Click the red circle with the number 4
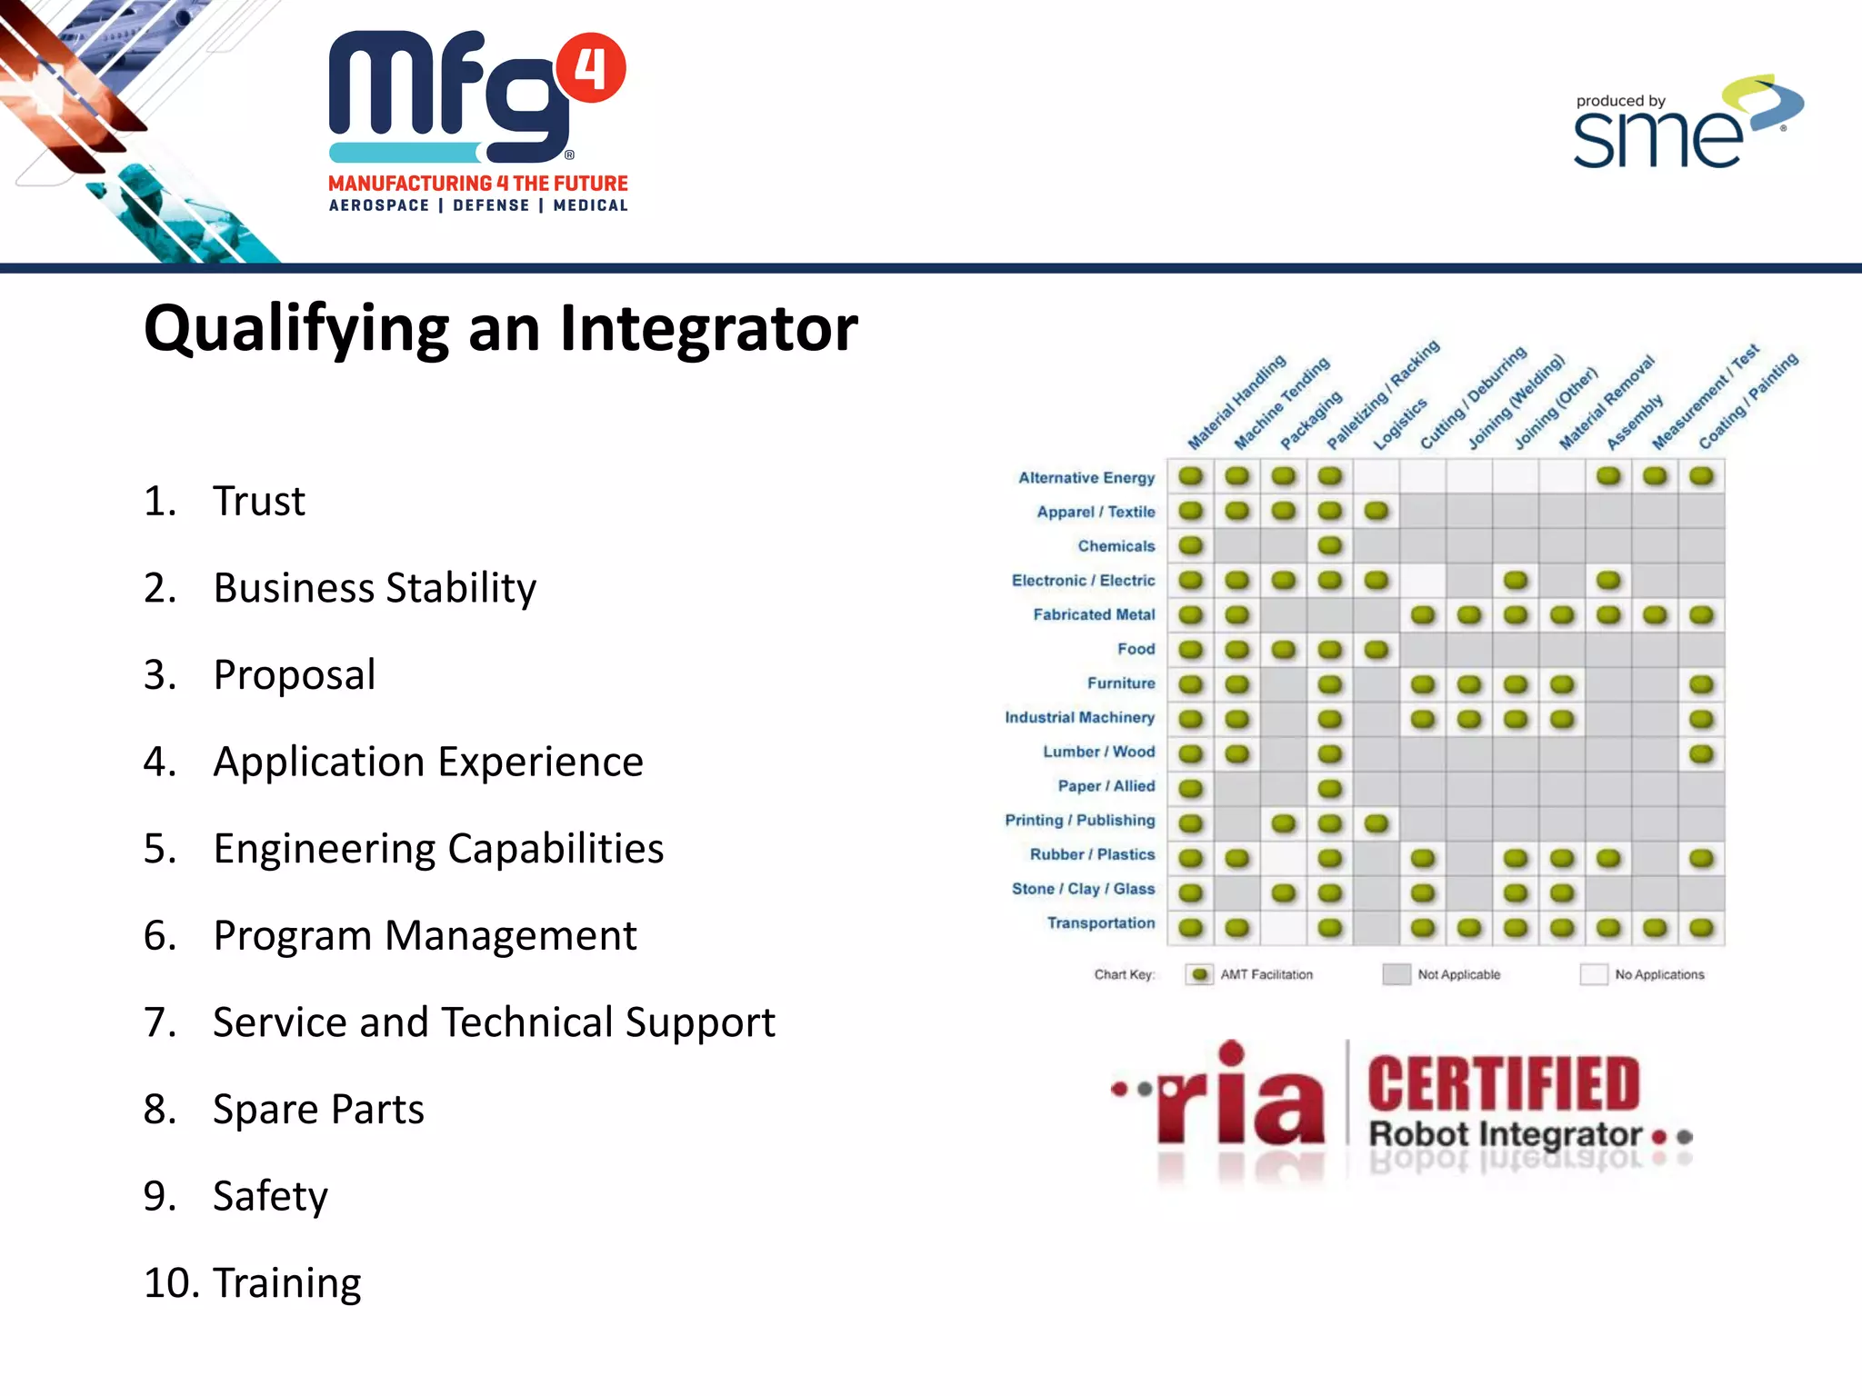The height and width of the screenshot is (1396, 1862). click(x=591, y=68)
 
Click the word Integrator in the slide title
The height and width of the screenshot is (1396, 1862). click(x=708, y=328)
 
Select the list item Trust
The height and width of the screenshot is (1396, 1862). click(x=259, y=501)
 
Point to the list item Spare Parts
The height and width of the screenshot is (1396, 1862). click(x=318, y=1109)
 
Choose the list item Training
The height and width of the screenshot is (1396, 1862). click(x=286, y=1282)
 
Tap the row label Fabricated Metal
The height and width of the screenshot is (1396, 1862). click(x=1094, y=614)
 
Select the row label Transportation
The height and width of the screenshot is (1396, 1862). click(x=1100, y=922)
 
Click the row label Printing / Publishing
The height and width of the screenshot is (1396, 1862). click(x=1079, y=820)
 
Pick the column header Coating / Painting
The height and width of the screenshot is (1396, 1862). click(x=1747, y=401)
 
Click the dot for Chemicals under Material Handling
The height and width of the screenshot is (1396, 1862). click(x=1191, y=545)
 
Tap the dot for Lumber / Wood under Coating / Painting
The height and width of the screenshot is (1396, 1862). click(x=1701, y=753)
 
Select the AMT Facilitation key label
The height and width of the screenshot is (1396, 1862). click(x=1266, y=974)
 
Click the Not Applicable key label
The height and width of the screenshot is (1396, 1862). click(x=1458, y=974)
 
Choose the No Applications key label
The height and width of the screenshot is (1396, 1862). click(x=1659, y=974)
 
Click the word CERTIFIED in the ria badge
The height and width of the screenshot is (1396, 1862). click(x=1503, y=1083)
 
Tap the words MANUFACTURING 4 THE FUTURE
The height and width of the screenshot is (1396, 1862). click(x=478, y=184)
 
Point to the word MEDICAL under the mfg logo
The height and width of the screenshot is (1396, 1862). click(x=590, y=205)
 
